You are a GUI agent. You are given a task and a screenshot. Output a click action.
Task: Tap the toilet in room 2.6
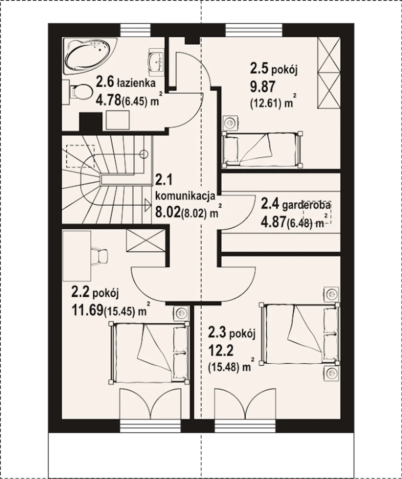pos(79,92)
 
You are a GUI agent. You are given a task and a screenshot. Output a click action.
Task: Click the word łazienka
pos(136,83)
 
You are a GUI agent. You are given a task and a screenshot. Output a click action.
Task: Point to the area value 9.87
pos(263,87)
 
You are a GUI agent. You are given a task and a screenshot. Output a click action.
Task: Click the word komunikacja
pos(185,196)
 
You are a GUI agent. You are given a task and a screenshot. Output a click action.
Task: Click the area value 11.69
pos(87,310)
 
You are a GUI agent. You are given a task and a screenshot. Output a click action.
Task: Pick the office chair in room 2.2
pos(99,256)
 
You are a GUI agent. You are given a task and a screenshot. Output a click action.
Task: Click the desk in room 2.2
pos(77,256)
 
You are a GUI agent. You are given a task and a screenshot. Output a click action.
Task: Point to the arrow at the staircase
pos(148,205)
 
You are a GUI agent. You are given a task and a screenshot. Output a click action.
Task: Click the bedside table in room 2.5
pos(230,123)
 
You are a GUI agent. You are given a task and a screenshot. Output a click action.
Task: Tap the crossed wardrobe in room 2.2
pos(146,241)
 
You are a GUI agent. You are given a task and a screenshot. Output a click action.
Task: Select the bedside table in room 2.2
pos(182,313)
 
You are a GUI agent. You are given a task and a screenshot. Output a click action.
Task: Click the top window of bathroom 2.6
pos(135,30)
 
